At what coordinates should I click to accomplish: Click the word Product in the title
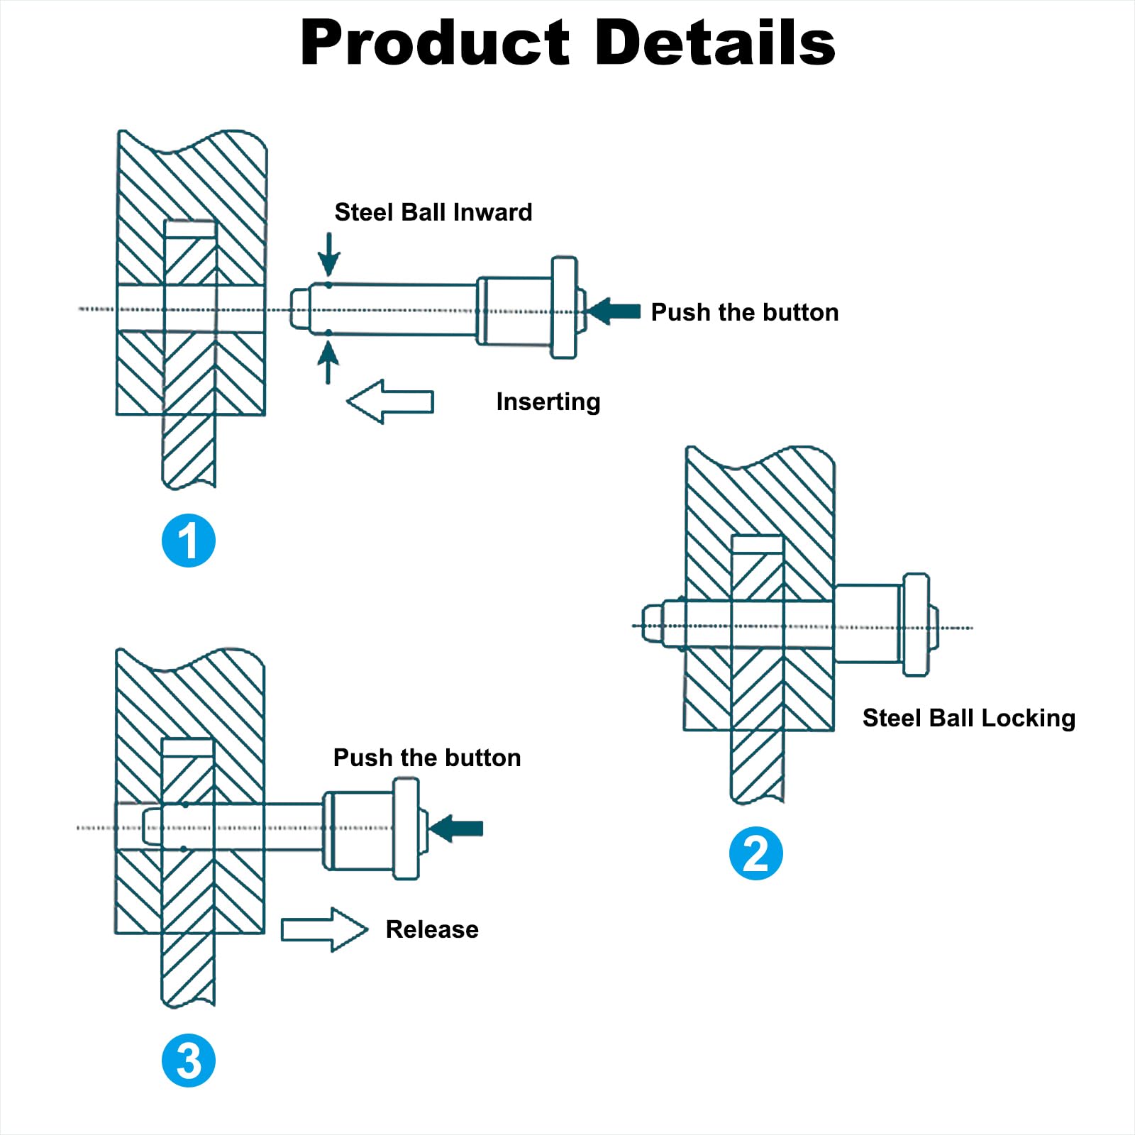click(435, 43)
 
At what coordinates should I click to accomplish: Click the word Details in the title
click(715, 43)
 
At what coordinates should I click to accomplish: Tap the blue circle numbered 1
click(189, 541)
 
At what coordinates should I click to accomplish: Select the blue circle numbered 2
click(756, 853)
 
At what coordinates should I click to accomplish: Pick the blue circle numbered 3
click(189, 1061)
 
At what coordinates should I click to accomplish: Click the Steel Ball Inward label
click(433, 212)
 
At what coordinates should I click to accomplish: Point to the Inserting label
click(548, 402)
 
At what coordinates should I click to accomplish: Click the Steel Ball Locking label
click(969, 718)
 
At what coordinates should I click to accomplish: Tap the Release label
click(432, 929)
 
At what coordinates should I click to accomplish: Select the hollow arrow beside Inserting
click(389, 402)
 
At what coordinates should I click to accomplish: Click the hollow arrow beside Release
click(325, 929)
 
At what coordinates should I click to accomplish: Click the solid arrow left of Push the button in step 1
click(614, 311)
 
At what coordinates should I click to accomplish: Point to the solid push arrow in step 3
click(456, 828)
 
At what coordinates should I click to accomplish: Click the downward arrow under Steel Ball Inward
click(328, 254)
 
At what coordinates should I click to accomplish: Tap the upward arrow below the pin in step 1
click(328, 362)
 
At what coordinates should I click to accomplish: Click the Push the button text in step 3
click(427, 758)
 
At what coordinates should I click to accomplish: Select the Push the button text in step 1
click(745, 312)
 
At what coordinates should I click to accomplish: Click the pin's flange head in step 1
click(564, 308)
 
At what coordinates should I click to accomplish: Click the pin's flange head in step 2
click(916, 625)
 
